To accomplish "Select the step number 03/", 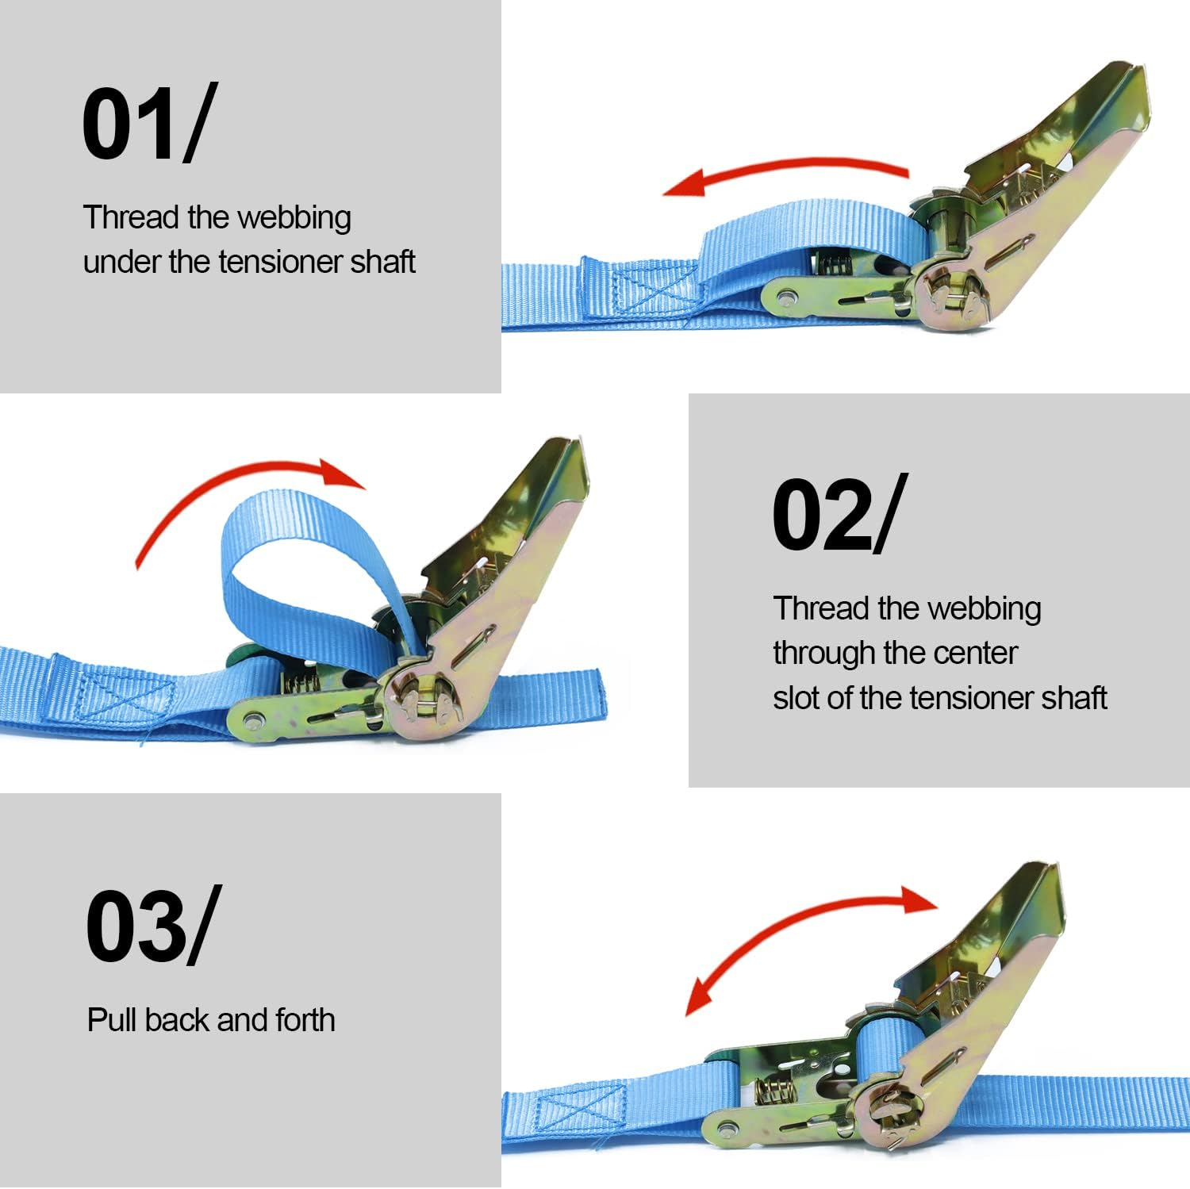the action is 151,926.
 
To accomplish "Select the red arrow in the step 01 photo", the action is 785,167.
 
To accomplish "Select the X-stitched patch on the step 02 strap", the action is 127,694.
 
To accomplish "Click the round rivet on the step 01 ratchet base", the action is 786,298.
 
